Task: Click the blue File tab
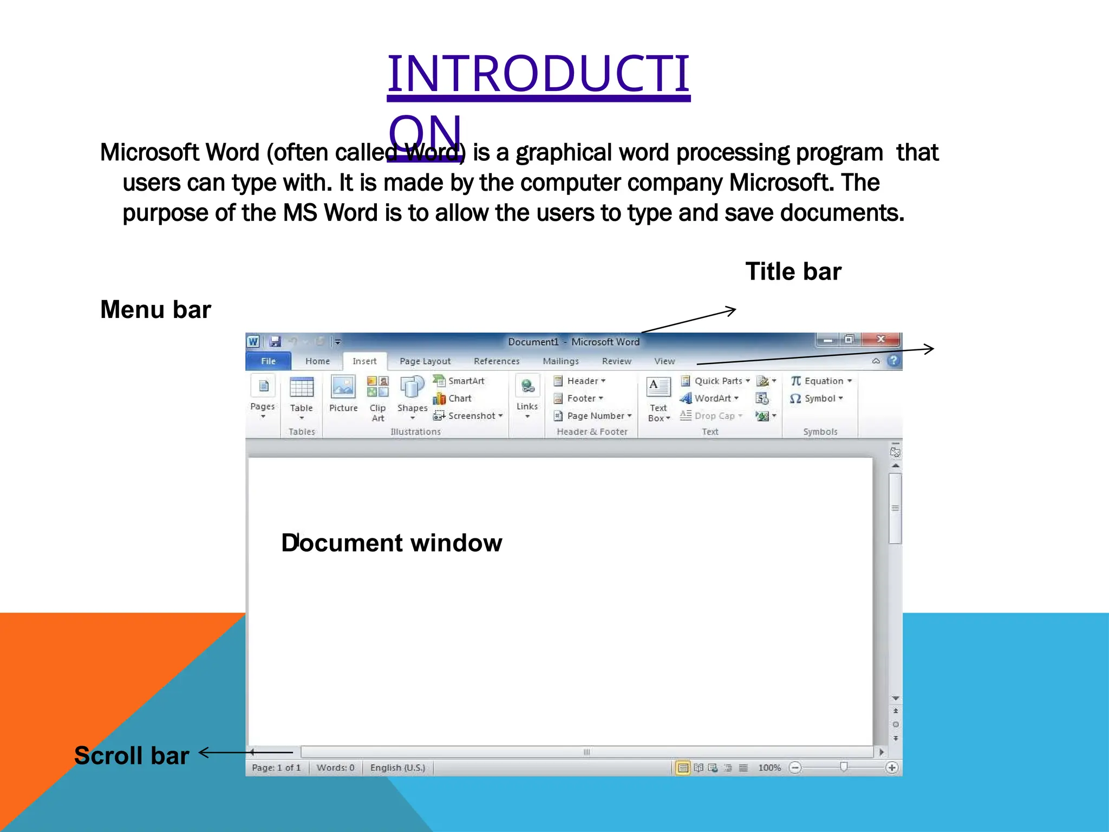268,361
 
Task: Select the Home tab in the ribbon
317,361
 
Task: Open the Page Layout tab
425,361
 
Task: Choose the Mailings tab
560,361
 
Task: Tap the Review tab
616,361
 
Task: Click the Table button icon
302,388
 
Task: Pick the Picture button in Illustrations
343,393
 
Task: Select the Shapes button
412,393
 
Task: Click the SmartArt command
460,381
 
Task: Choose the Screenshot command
469,415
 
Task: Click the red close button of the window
881,340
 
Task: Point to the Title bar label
793,271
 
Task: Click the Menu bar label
155,310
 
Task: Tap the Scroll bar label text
132,755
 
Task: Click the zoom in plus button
892,768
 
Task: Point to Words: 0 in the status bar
335,768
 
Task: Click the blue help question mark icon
893,361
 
